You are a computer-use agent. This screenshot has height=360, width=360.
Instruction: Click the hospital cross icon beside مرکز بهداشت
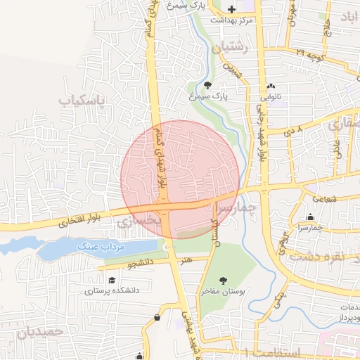(x=233, y=8)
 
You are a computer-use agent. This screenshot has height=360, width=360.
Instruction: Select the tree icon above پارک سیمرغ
(x=207, y=84)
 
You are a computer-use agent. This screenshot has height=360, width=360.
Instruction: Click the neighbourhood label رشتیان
(x=229, y=49)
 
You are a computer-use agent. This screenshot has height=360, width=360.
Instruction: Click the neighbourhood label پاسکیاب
(x=82, y=102)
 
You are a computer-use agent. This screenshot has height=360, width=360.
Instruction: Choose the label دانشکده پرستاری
(x=112, y=290)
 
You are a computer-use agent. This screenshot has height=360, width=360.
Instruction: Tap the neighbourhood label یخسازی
(x=139, y=221)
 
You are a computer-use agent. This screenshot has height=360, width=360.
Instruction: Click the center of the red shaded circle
(x=180, y=179)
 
